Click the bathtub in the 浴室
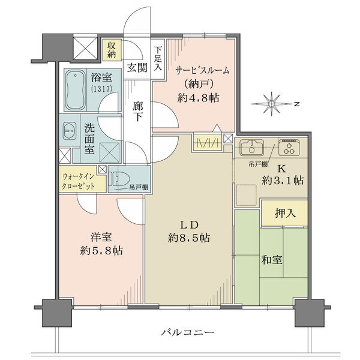pyautogui.click(x=75, y=90)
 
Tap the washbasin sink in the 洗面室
pyautogui.click(x=70, y=130)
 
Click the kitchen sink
pyautogui.click(x=251, y=147)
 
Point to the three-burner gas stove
pyautogui.click(x=289, y=147)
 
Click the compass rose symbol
pyautogui.click(x=272, y=104)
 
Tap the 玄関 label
pyautogui.click(x=137, y=68)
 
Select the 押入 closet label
pyautogui.click(x=285, y=214)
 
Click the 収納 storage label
pyautogui.click(x=112, y=50)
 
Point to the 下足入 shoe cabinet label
pyautogui.click(x=158, y=59)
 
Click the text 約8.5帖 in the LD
pyautogui.click(x=189, y=238)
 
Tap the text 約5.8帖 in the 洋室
pyautogui.click(x=101, y=250)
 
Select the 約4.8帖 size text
pyautogui.click(x=198, y=98)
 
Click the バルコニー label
pyautogui.click(x=188, y=332)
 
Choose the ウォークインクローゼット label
pyautogui.click(x=79, y=181)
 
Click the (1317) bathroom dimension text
pyautogui.click(x=101, y=89)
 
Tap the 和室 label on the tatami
pyautogui.click(x=272, y=260)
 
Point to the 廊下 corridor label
pyautogui.click(x=138, y=112)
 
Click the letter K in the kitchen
pyautogui.click(x=282, y=169)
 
